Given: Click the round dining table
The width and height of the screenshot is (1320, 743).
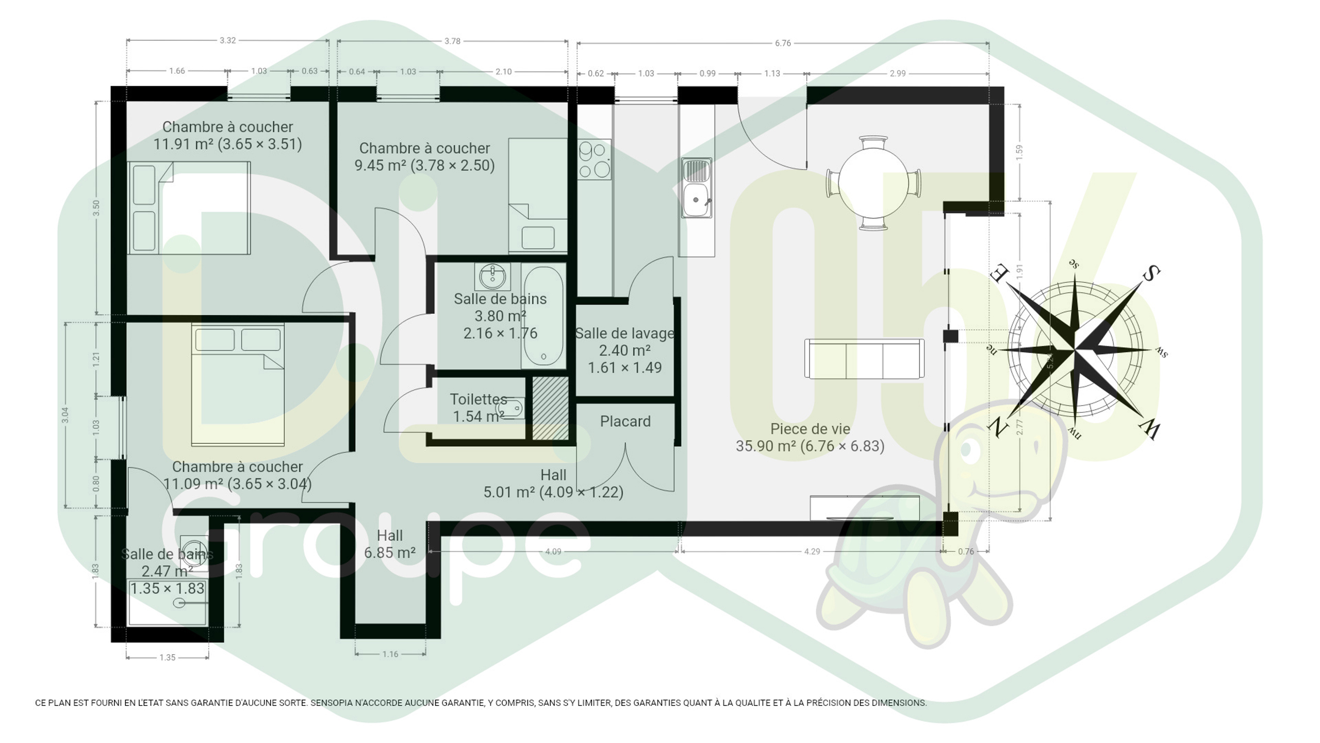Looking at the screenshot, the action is (x=873, y=182).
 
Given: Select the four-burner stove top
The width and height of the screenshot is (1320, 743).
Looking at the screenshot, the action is (x=595, y=159).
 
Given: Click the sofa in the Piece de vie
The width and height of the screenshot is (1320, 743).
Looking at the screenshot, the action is (x=864, y=358).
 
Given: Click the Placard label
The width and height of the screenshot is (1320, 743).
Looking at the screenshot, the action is (x=625, y=422).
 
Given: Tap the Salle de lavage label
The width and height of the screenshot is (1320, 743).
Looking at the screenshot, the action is (x=624, y=333).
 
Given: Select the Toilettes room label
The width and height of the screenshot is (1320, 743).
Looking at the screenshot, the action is (x=478, y=399).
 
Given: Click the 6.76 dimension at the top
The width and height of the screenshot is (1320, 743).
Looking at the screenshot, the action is (x=783, y=43).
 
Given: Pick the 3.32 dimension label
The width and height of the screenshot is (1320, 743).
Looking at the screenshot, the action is (x=227, y=40).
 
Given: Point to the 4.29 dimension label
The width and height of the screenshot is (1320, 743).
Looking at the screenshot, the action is (x=812, y=552).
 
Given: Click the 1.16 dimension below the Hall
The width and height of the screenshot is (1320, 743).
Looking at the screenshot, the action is (x=390, y=654).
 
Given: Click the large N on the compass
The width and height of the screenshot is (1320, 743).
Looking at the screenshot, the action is (x=998, y=427).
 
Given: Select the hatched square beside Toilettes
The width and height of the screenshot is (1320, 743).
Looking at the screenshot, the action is (x=550, y=408).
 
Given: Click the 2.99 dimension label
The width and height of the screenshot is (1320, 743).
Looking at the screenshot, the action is (x=898, y=73).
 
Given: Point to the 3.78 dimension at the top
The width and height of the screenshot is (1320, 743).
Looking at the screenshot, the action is (x=452, y=41).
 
